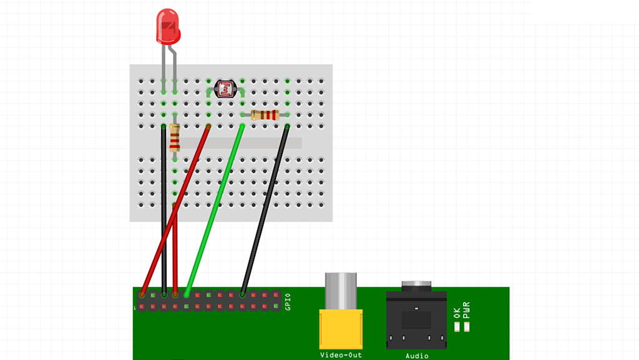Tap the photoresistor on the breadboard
click(225, 89)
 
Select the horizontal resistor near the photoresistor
click(265, 115)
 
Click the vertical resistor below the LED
click(175, 138)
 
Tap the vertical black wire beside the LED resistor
click(163, 206)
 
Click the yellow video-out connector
click(341, 329)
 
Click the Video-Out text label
click(341, 355)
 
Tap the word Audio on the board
click(417, 356)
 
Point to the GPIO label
click(288, 302)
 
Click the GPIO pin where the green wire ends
click(187, 295)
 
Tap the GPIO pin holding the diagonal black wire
click(243, 295)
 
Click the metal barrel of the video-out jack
click(341, 291)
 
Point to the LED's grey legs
click(169, 59)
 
